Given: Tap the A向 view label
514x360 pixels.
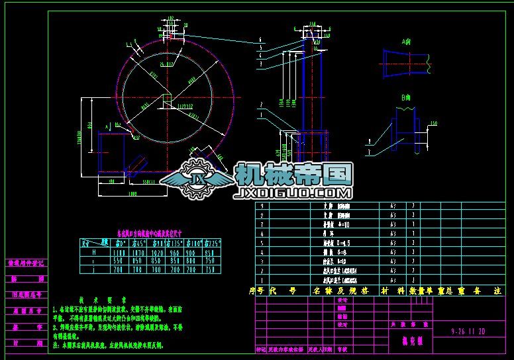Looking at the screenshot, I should pyautogui.click(x=405, y=41).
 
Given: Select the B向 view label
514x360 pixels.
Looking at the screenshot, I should pyautogui.click(x=405, y=98).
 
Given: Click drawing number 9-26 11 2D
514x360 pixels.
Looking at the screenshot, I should pyautogui.click(x=468, y=329).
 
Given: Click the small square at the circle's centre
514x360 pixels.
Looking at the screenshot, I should pyautogui.click(x=168, y=100).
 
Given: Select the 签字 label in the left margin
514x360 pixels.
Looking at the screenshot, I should pyautogui.click(x=26, y=326).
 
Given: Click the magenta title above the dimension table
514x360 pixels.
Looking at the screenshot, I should pyautogui.click(x=149, y=234).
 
